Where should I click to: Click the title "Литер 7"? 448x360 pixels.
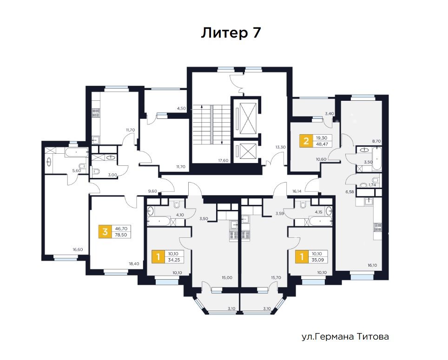coord(231,33)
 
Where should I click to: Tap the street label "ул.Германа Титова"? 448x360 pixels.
coord(345,337)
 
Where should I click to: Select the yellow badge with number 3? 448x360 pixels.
coord(105,231)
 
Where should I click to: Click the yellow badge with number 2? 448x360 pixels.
coord(306,141)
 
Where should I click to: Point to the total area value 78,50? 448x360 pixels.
coord(121,235)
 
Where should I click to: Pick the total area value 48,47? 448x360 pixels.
coord(322,144)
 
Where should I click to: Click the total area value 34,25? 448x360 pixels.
coord(174,260)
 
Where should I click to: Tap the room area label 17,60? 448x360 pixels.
coord(223,160)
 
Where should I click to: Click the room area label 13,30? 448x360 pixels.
coord(280,147)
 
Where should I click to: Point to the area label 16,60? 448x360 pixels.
coord(78,249)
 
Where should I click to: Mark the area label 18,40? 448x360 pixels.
coord(134,264)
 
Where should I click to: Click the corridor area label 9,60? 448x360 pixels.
coord(152,191)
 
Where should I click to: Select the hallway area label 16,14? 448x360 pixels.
coord(296,191)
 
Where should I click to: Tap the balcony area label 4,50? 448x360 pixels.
coord(181,109)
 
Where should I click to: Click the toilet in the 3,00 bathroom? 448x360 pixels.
coord(96,171)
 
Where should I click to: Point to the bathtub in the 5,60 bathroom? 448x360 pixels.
coord(76,152)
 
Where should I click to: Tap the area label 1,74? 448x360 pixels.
coord(372,185)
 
